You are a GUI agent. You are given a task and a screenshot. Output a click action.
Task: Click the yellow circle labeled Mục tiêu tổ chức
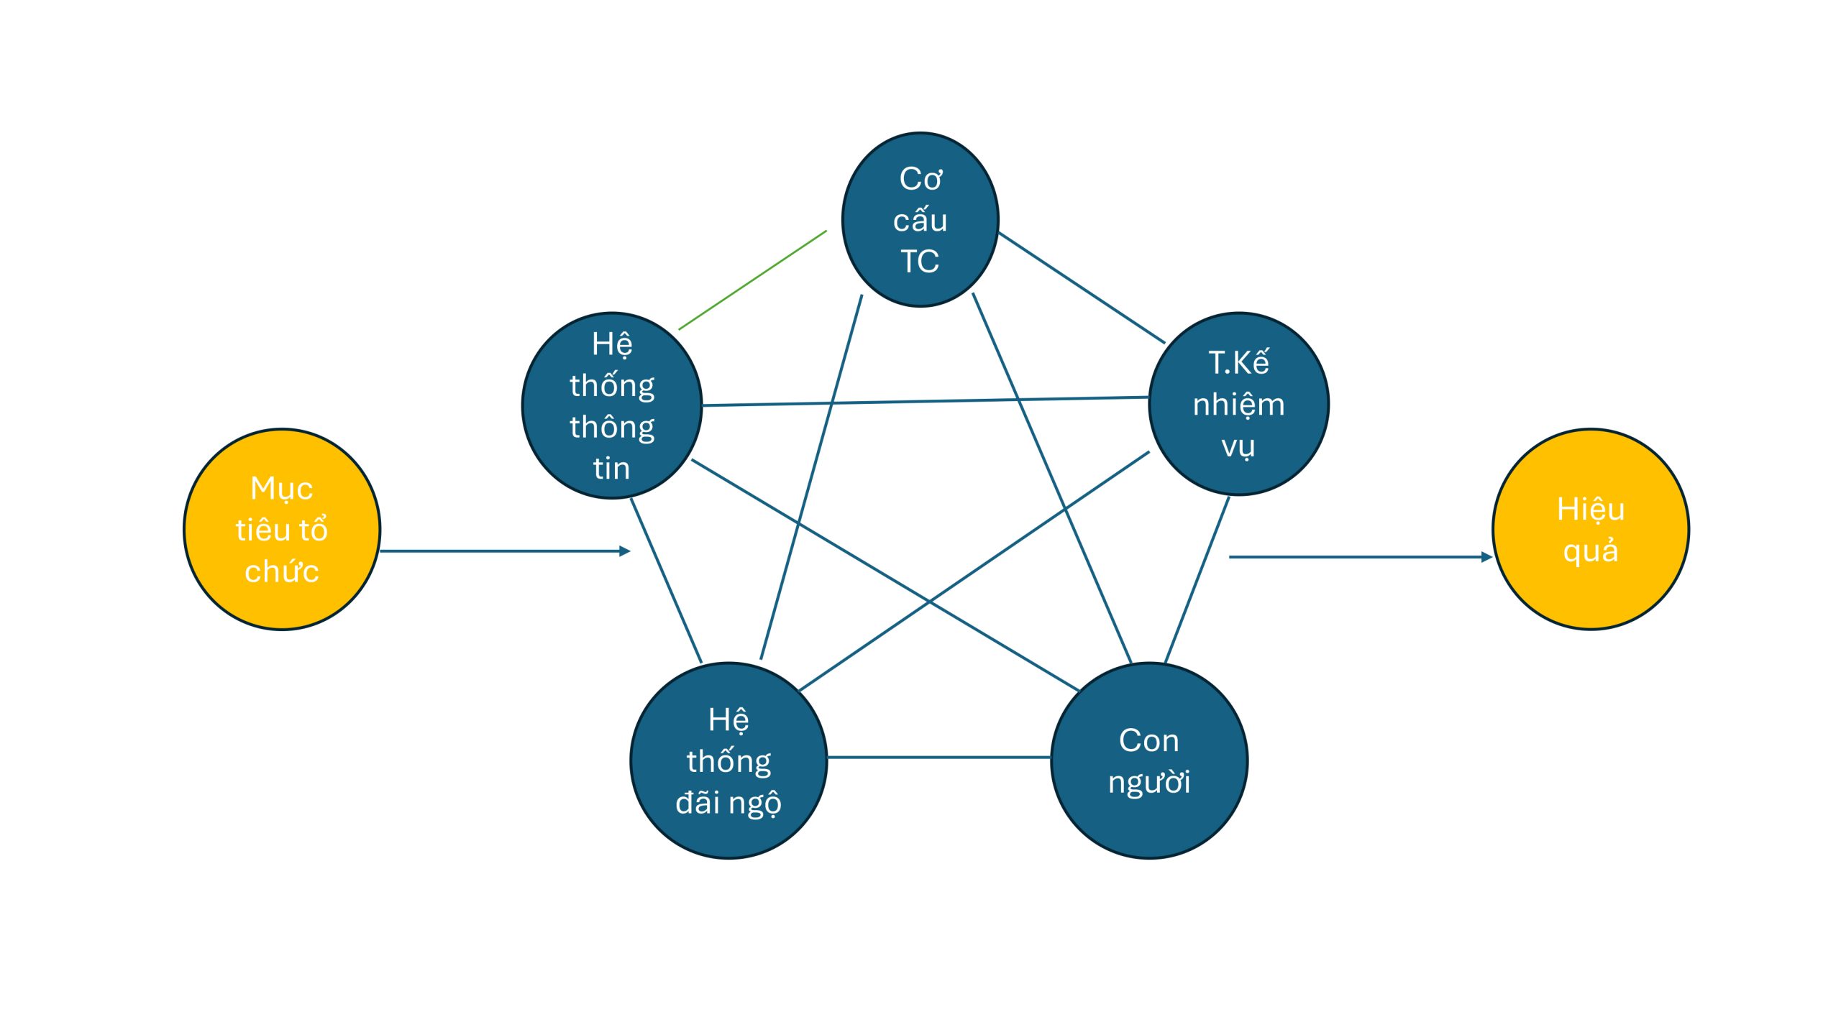(282, 530)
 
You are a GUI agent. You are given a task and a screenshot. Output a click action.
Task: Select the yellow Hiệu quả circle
(1590, 530)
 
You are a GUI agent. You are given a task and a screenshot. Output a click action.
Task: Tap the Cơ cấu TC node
(920, 219)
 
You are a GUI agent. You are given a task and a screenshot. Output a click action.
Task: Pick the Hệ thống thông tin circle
(611, 405)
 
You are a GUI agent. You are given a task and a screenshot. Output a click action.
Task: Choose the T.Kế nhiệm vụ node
(1238, 404)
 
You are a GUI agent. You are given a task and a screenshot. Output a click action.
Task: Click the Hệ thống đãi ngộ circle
(728, 760)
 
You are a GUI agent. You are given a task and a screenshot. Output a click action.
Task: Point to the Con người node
(1148, 760)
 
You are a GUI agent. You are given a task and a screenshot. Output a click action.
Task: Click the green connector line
(752, 280)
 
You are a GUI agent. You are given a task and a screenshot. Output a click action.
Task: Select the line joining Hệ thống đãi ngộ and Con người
(938, 757)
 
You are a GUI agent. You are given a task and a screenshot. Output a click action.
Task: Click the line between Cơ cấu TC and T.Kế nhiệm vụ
(1081, 287)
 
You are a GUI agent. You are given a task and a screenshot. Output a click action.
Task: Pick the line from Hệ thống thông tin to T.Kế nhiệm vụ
(925, 401)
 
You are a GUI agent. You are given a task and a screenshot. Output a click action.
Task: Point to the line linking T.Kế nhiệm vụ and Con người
(1197, 579)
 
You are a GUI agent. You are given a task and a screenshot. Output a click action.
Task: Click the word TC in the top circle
(920, 262)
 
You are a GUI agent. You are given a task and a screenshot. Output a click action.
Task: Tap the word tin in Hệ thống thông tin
(611, 469)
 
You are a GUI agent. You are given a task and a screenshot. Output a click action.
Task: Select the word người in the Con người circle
(1148, 782)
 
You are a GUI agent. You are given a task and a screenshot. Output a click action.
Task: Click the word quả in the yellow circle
(1590, 551)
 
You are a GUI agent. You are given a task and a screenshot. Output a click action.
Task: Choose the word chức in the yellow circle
(282, 572)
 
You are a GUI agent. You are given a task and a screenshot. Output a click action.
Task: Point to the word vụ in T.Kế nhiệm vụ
(1238, 446)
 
